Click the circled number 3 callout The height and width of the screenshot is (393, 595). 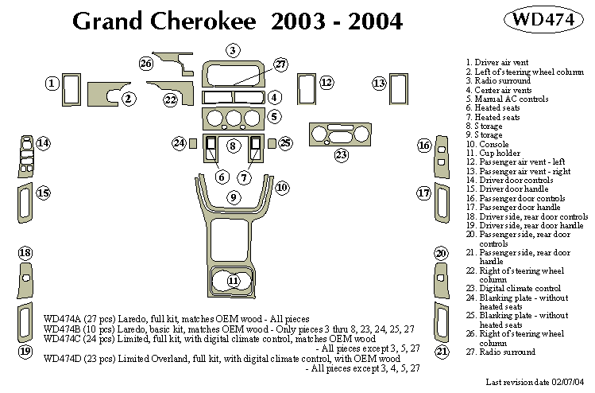click(x=232, y=51)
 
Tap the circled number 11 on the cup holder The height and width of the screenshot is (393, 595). click(x=233, y=281)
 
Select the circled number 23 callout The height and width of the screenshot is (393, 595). click(x=342, y=154)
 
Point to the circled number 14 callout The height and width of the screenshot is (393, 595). click(x=43, y=143)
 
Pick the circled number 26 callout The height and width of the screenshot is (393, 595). click(x=145, y=64)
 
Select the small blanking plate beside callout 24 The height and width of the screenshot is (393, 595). click(x=193, y=143)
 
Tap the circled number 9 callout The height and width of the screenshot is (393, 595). click(x=233, y=196)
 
